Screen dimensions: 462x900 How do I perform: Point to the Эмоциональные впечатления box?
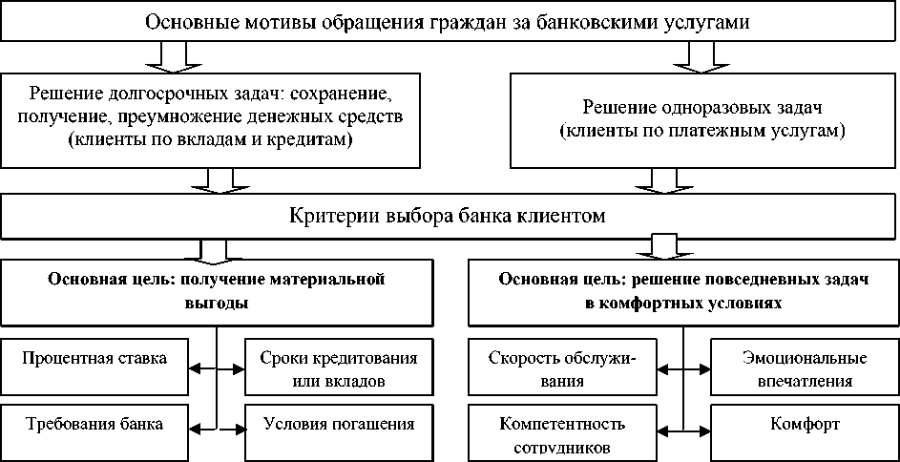click(x=804, y=367)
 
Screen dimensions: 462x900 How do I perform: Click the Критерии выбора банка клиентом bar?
click(x=449, y=217)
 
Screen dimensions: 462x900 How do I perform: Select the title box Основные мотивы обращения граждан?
click(x=449, y=22)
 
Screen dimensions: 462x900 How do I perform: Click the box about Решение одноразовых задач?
click(x=702, y=119)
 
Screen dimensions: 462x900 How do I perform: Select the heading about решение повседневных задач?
click(x=682, y=291)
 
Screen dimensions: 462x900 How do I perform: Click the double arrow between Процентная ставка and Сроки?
click(x=218, y=368)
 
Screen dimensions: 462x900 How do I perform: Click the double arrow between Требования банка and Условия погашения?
click(x=218, y=426)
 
